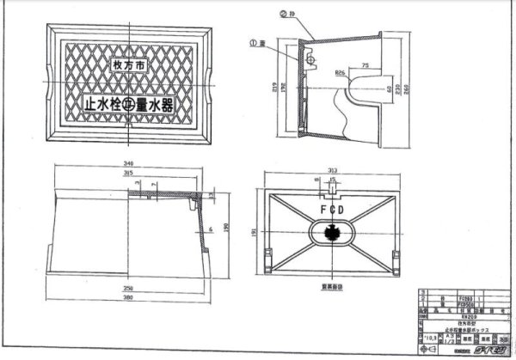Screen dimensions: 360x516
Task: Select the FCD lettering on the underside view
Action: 329,209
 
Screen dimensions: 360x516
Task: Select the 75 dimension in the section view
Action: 365,64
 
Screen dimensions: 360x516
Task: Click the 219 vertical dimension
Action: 274,87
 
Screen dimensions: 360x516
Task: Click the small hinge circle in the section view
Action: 313,62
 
